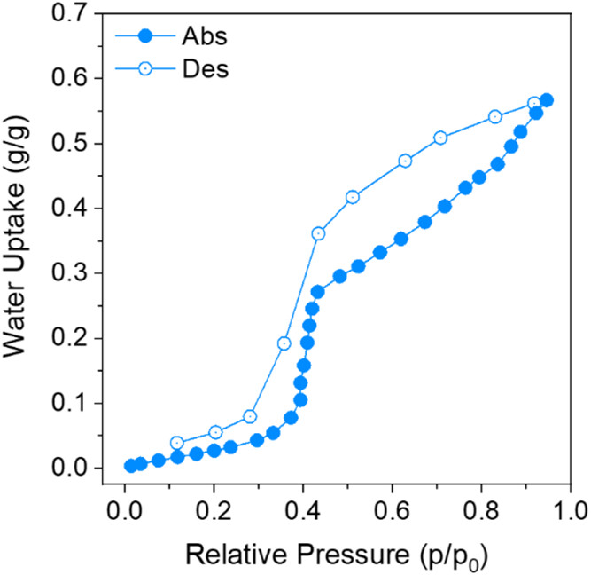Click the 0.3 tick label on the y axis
(77, 273)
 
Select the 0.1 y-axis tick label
(77, 403)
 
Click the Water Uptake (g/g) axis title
(21, 240)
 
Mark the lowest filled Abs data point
(131, 466)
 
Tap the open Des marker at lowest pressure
(176, 443)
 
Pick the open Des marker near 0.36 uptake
(318, 233)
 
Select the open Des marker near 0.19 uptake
(284, 343)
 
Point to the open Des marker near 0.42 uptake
(352, 197)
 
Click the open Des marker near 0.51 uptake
(440, 138)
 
